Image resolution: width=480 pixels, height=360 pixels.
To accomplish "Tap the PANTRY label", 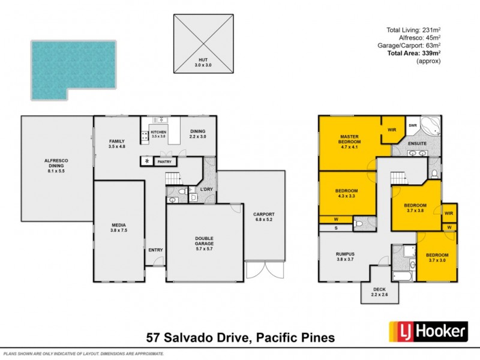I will pos(164,162).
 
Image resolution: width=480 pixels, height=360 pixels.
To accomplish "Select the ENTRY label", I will pos(155,250).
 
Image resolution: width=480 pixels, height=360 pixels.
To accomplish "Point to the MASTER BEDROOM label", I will pos(349,140).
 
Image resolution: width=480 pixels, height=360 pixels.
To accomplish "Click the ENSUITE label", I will pos(418,144).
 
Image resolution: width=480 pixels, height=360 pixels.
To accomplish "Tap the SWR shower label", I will pos(413,125).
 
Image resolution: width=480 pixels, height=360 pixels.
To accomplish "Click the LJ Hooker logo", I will pos(428,331).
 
